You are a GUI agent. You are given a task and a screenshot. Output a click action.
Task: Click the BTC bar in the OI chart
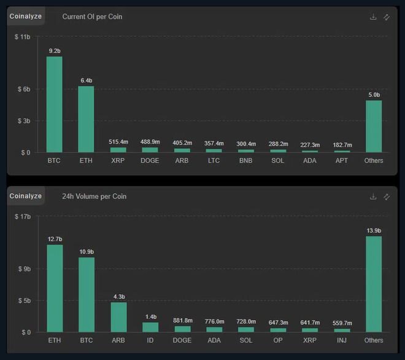(x=55, y=104)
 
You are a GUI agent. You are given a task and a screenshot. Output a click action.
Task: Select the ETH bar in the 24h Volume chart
(x=55, y=289)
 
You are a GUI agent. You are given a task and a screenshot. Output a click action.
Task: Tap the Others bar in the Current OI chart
(x=374, y=126)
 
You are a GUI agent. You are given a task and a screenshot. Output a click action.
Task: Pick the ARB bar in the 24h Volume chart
(x=118, y=317)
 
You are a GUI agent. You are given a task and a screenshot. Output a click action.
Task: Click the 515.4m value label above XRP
(x=118, y=142)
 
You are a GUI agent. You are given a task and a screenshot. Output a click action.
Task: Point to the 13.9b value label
(x=374, y=230)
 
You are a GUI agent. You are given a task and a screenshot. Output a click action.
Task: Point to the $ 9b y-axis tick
(x=23, y=269)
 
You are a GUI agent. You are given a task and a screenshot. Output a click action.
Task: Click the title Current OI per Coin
(x=92, y=17)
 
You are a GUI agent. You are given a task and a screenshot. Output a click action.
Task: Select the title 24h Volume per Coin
(x=94, y=197)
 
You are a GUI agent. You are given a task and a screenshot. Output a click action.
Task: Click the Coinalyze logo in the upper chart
(x=26, y=17)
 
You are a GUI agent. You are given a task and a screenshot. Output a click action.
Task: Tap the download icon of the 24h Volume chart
(x=373, y=197)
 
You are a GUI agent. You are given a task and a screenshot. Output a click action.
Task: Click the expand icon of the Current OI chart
(x=387, y=17)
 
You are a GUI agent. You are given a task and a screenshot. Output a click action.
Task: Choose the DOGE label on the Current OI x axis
(x=150, y=161)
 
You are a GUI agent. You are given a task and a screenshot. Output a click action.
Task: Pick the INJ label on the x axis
(x=342, y=340)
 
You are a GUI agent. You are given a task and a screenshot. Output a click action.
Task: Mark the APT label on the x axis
(x=342, y=161)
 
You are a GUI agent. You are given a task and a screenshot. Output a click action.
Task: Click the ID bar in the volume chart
(x=150, y=327)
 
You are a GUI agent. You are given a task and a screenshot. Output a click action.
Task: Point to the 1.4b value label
(x=150, y=316)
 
